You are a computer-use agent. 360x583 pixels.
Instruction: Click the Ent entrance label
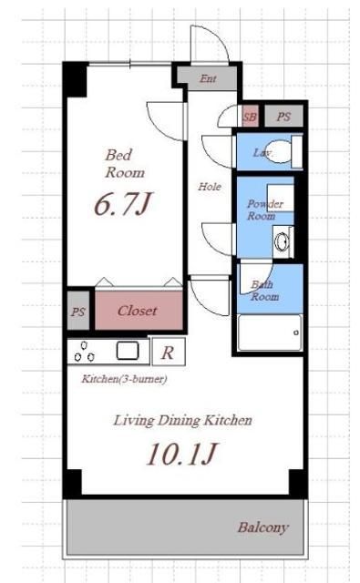pyautogui.click(x=208, y=78)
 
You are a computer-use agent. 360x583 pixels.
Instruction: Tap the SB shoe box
pyautogui.click(x=250, y=117)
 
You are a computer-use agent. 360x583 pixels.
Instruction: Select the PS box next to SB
pyautogui.click(x=283, y=117)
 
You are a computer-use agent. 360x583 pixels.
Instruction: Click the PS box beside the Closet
pyautogui.click(x=78, y=311)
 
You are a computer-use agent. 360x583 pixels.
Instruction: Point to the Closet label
pyautogui.click(x=138, y=311)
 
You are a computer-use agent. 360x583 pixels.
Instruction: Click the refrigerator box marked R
pyautogui.click(x=169, y=352)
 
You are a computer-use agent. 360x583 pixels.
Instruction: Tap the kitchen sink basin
pyautogui.click(x=128, y=351)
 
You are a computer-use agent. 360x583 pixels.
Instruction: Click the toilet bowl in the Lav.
pyautogui.click(x=279, y=152)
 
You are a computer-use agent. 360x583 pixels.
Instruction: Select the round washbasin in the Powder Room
pyautogui.click(x=282, y=241)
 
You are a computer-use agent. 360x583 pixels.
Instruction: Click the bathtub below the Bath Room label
pyautogui.click(x=270, y=332)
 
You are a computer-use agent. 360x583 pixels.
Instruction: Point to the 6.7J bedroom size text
pyautogui.click(x=123, y=204)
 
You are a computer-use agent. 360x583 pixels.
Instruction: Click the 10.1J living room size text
pyautogui.click(x=182, y=455)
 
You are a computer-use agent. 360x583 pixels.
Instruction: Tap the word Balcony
pyautogui.click(x=262, y=527)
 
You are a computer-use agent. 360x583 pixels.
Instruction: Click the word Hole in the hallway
pyautogui.click(x=210, y=186)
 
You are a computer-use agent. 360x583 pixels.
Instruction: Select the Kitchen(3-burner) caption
pyautogui.click(x=124, y=379)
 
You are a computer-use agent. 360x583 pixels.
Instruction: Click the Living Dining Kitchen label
pyautogui.click(x=182, y=421)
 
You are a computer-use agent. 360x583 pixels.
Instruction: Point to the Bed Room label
pyautogui.click(x=124, y=164)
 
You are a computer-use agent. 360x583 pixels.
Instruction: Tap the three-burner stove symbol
pyautogui.click(x=85, y=352)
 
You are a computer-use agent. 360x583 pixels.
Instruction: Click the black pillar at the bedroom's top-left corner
pyautogui.click(x=76, y=79)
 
